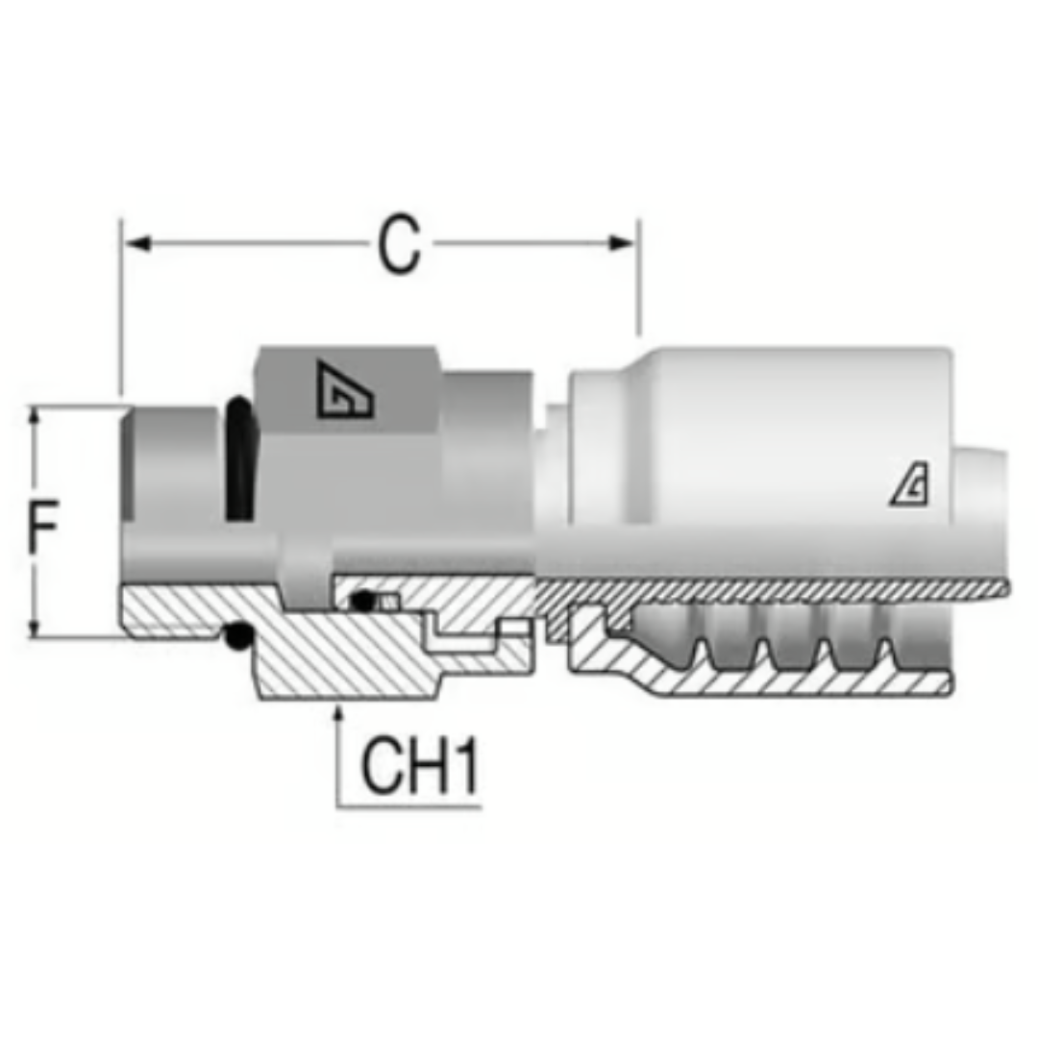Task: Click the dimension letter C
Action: [x=398, y=244]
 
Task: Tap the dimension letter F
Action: [x=43, y=527]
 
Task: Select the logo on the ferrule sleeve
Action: [x=909, y=489]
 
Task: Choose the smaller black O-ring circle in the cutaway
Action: [x=361, y=602]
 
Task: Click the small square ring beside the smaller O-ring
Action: [x=387, y=603]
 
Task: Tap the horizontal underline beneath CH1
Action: [x=408, y=806]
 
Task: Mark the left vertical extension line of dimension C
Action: [x=121, y=308]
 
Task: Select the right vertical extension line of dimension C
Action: [x=639, y=279]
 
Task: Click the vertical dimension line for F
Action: [x=35, y=577]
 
